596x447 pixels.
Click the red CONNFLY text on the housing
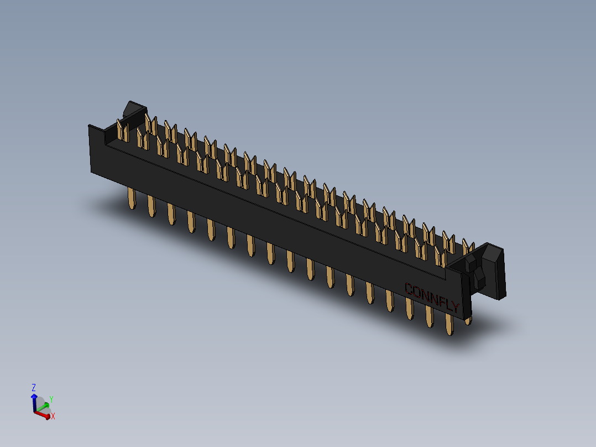coord(432,297)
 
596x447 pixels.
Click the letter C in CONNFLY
coord(410,288)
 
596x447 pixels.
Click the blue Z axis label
coord(34,387)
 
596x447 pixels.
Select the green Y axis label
coord(51,399)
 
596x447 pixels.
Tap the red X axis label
coord(53,416)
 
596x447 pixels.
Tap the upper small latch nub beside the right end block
coord(471,262)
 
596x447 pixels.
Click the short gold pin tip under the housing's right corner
coord(468,319)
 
